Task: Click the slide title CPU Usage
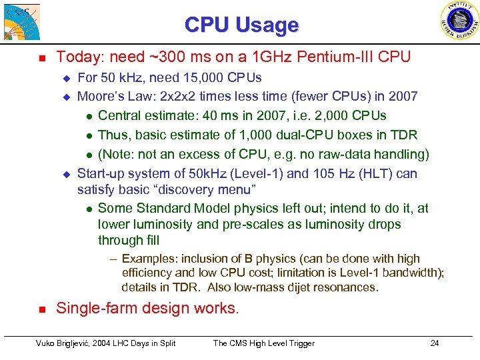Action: (x=241, y=25)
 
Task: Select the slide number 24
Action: (x=434, y=343)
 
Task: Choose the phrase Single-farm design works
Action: (x=147, y=309)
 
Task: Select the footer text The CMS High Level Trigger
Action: (x=263, y=343)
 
